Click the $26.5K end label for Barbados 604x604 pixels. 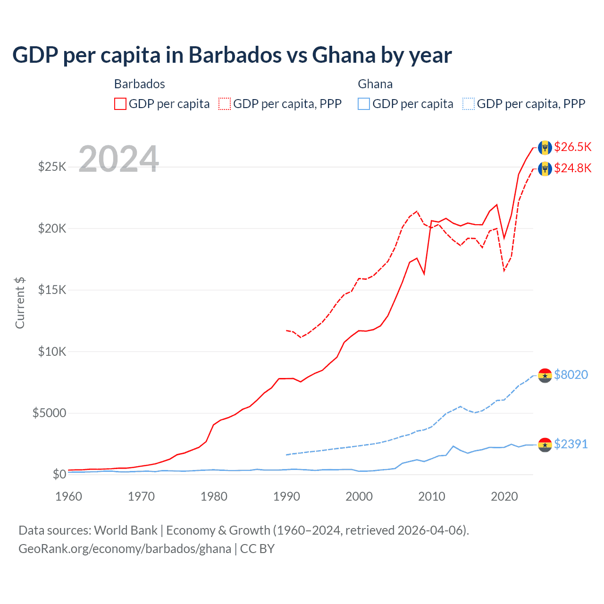tap(572, 147)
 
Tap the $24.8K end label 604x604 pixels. tap(572, 168)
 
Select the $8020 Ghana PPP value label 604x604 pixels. tap(571, 375)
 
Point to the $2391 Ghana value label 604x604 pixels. tap(571, 444)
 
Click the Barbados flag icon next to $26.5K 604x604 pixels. tap(545, 147)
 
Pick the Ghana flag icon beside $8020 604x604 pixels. tap(545, 376)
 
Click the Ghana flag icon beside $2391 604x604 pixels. tap(545, 445)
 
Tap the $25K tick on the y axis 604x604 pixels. tap(52, 167)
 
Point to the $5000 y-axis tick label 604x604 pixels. tap(49, 413)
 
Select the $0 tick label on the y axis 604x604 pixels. tap(59, 474)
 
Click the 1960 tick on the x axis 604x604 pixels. tap(68, 496)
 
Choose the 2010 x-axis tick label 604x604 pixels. tap(432, 496)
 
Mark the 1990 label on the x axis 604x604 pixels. tap(286, 496)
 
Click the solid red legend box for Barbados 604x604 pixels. tap(120, 104)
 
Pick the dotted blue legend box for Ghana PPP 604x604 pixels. tap(469, 104)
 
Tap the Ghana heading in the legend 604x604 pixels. tap(375, 84)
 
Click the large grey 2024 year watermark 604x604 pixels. tap(118, 159)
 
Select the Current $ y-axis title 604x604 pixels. tap(20, 303)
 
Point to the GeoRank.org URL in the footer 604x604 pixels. tap(125, 549)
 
